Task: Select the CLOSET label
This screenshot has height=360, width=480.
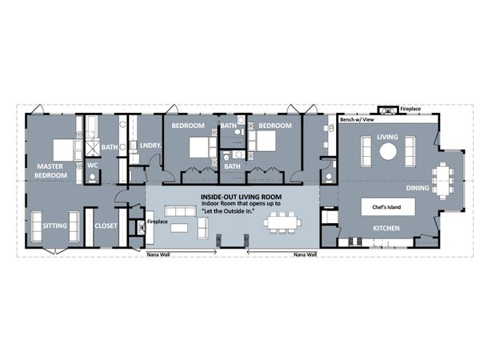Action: coord(106,226)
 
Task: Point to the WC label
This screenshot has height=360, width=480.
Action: coord(92,165)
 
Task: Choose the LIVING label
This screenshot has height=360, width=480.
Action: coord(387,137)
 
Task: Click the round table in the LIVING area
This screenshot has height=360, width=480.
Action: coord(387,150)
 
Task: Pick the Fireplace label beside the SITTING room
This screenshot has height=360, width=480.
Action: coord(158,222)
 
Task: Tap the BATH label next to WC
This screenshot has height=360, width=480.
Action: coord(109,147)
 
